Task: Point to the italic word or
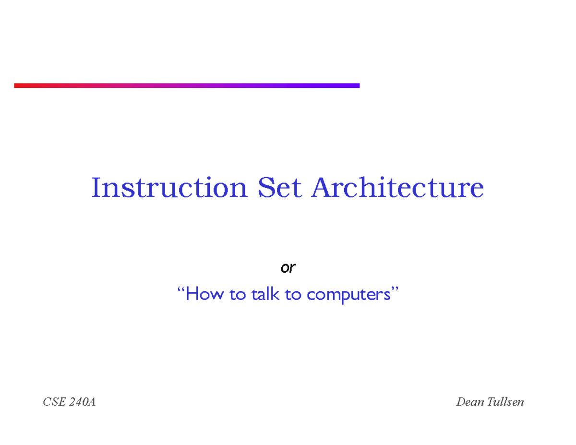[288, 268]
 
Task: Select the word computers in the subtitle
[348, 295]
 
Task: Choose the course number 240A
[82, 402]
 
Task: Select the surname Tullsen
[505, 402]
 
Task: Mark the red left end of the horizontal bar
[17, 85]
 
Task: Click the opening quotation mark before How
[181, 290]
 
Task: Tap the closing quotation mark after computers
[396, 290]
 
